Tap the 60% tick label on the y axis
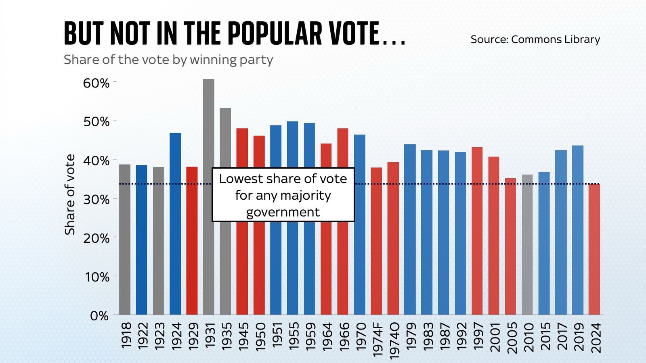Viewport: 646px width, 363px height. point(96,83)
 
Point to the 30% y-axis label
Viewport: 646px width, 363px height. point(96,200)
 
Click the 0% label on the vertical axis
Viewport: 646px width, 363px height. point(99,316)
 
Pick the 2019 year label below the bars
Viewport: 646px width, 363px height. point(579,336)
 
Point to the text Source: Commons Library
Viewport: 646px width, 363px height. point(535,40)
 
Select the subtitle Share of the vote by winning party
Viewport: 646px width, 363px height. point(168,60)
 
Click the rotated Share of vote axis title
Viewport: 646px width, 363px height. point(70,194)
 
